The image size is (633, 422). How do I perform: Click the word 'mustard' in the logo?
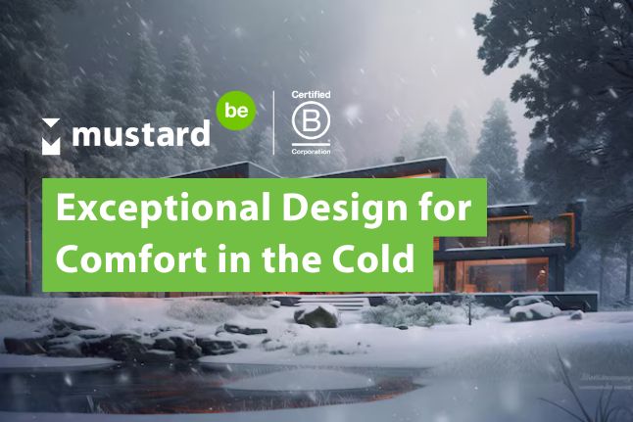141,132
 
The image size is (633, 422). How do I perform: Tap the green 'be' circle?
236,110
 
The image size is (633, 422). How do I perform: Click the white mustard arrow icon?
51,137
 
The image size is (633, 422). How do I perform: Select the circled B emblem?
311,119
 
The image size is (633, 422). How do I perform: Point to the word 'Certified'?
311,94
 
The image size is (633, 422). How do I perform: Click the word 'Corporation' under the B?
311,152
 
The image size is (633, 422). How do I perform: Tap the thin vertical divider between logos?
274,122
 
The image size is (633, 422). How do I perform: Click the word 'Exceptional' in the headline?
163,209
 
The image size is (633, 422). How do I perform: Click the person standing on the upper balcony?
503,238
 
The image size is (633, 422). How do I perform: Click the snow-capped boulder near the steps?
316,316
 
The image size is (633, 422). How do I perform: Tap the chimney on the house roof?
399,160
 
